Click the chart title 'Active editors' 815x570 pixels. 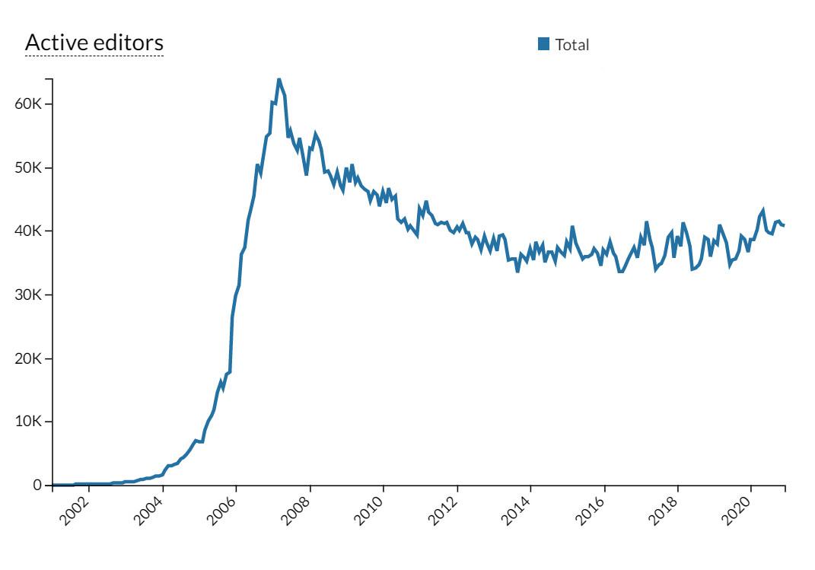[94, 43]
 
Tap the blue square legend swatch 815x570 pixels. [543, 44]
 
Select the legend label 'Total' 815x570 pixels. [572, 45]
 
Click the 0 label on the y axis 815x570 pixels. [37, 486]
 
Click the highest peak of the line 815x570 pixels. [279, 79]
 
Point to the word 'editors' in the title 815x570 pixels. [129, 43]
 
